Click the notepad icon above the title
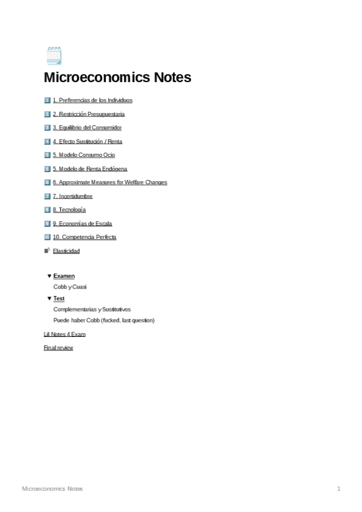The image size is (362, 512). [54, 56]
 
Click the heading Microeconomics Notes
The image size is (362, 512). [117, 78]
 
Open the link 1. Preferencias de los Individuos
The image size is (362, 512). [92, 100]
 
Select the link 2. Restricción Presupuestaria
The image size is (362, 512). [88, 114]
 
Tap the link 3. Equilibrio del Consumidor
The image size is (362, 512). [86, 128]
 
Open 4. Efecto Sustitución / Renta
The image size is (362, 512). [87, 141]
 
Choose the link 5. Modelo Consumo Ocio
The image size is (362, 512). [83, 155]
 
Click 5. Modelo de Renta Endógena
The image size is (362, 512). [89, 169]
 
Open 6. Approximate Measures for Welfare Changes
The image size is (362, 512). [109, 182]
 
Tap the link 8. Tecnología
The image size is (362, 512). [69, 210]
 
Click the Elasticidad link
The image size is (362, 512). [66, 251]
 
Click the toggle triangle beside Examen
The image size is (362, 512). [49, 276]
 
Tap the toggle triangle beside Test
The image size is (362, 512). [49, 298]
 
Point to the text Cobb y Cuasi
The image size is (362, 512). [69, 287]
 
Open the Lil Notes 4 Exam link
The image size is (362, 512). [64, 334]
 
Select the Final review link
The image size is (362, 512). [58, 348]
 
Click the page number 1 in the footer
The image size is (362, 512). [339, 488]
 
